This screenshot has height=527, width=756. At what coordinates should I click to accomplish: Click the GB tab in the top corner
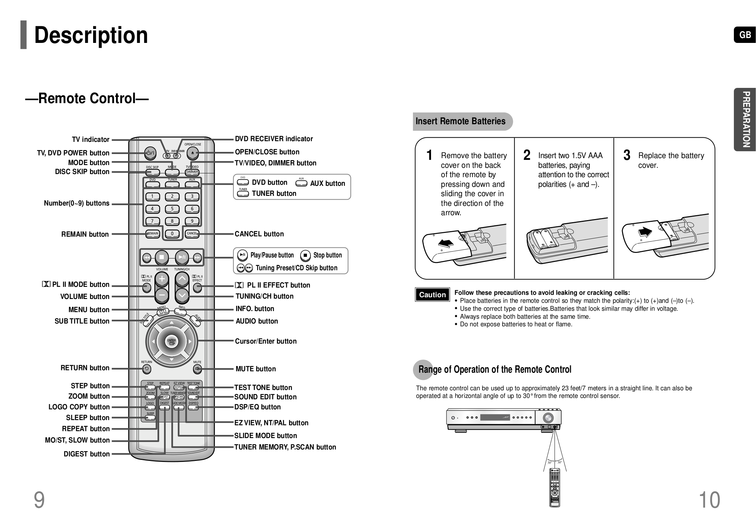click(x=745, y=35)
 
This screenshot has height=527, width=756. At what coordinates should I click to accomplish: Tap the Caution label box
click(x=432, y=295)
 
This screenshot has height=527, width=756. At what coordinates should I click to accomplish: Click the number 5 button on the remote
click(x=172, y=209)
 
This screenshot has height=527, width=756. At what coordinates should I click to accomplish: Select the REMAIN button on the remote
click(x=152, y=234)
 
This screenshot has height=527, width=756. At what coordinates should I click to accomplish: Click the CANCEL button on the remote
click(x=192, y=234)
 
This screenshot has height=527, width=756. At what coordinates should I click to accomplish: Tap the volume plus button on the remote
click(x=162, y=279)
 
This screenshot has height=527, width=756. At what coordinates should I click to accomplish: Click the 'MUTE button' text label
click(x=255, y=369)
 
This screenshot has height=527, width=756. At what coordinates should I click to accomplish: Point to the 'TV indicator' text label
click(x=91, y=139)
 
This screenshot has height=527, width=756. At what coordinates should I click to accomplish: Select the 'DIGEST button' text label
click(x=87, y=454)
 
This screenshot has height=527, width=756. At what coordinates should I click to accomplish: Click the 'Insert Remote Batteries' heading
click(x=460, y=121)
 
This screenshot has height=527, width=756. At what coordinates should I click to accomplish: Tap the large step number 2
click(x=527, y=155)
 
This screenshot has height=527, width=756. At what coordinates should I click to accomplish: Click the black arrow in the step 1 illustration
click(x=446, y=243)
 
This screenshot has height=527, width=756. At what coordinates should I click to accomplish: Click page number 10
click(x=709, y=500)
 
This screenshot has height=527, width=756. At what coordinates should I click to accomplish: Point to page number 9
click(x=39, y=500)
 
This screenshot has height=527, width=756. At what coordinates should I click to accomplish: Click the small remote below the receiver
click(x=555, y=488)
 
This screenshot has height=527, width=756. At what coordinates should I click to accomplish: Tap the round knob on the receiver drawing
click(x=548, y=418)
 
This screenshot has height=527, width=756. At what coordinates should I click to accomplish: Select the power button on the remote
click(x=150, y=153)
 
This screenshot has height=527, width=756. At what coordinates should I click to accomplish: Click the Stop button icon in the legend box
click(x=305, y=256)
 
